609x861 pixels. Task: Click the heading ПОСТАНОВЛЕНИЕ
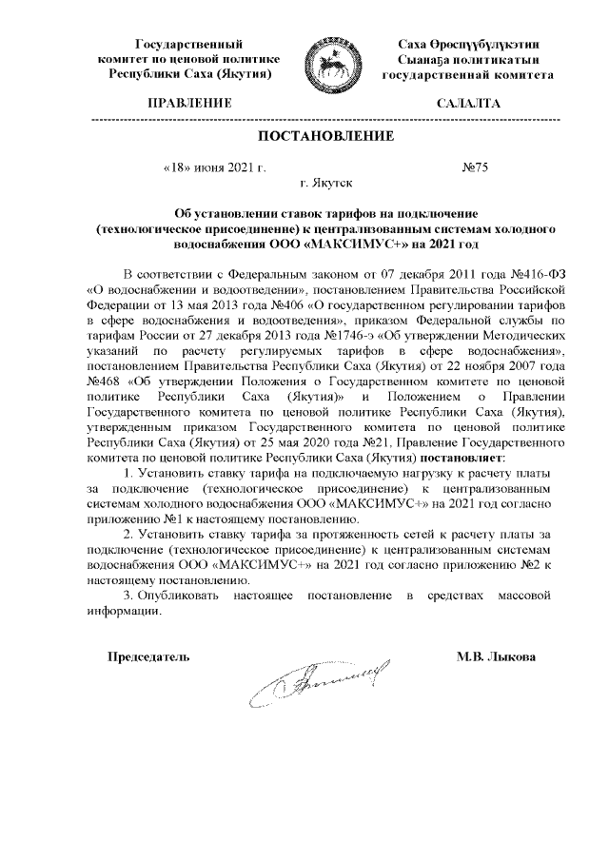point(327,137)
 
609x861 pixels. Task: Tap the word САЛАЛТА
point(467,102)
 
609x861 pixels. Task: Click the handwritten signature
point(319,682)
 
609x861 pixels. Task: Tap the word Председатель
point(148,656)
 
